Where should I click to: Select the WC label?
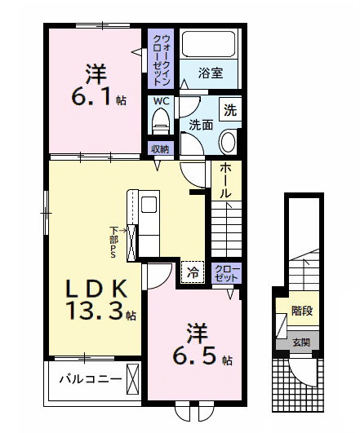coord(160,102)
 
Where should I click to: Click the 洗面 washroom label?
coord(201,125)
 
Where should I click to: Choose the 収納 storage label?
coord(159,149)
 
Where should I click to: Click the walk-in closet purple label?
coord(161,60)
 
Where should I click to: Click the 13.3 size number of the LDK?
coord(90,311)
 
